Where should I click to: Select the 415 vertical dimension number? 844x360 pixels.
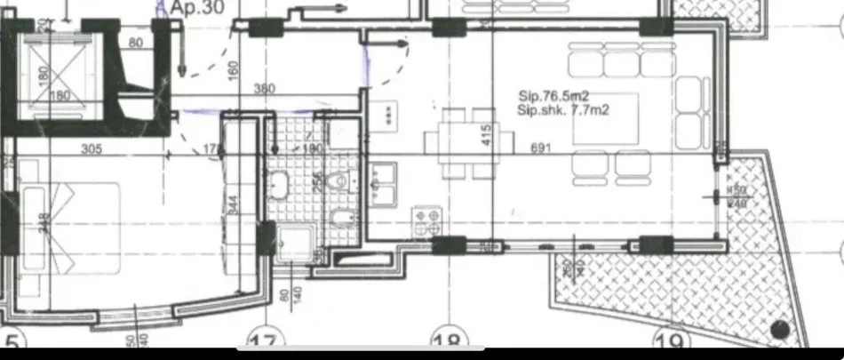(x=485, y=135)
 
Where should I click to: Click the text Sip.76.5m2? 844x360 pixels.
(x=552, y=94)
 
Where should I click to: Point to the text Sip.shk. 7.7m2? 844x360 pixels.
(x=566, y=109)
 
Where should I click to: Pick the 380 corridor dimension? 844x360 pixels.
(x=265, y=89)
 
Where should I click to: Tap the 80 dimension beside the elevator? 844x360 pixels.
(x=135, y=41)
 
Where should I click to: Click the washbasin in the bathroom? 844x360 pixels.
(x=278, y=186)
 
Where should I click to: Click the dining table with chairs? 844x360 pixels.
(x=469, y=142)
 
